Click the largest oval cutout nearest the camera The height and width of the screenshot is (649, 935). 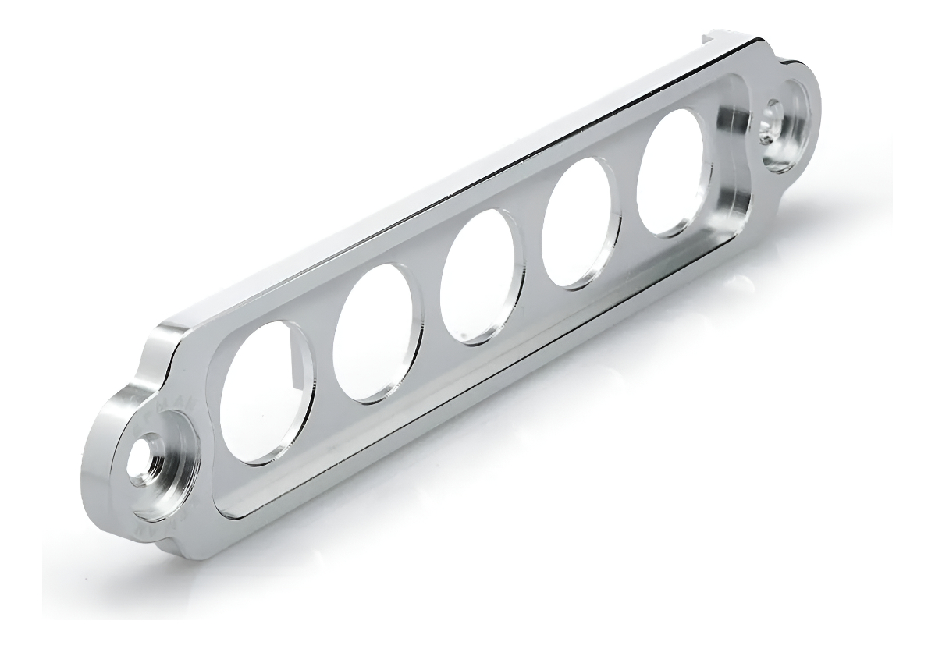pos(265,390)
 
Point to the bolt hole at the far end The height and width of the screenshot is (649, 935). pos(776,118)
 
